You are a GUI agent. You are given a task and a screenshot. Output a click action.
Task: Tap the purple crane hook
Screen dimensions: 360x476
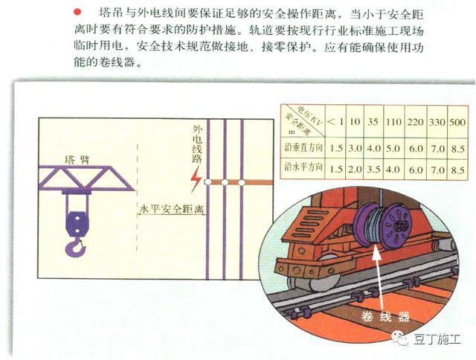click(x=75, y=245)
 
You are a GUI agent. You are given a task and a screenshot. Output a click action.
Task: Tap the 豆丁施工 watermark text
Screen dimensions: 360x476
click(x=440, y=340)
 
